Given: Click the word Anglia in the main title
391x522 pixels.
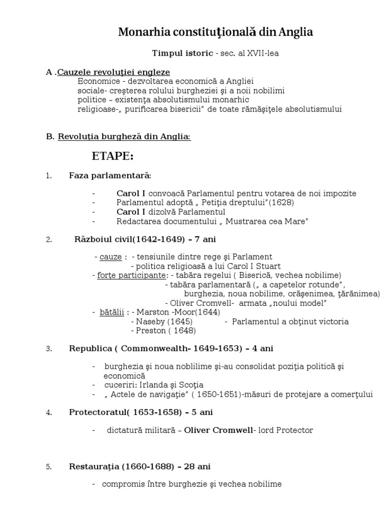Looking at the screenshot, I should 296,33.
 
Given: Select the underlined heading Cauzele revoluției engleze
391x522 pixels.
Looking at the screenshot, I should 114,72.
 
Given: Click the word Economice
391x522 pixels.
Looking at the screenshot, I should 96,82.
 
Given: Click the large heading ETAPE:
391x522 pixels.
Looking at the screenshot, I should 113,155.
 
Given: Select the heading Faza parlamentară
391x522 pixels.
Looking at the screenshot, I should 110,176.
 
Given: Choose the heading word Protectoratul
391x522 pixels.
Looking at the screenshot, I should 94,412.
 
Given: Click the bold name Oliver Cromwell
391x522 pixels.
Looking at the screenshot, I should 218,431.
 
